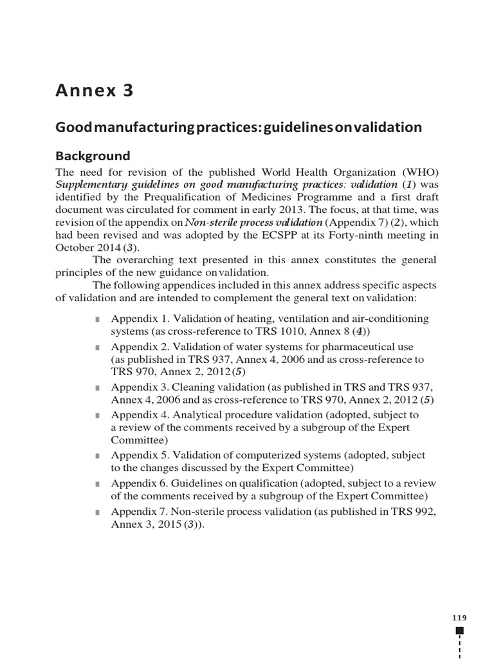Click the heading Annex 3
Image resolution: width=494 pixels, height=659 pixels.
coord(95,91)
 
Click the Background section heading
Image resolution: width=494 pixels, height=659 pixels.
coord(93,156)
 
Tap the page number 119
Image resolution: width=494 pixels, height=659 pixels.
coord(459,618)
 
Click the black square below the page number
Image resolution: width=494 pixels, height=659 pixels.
coord(459,631)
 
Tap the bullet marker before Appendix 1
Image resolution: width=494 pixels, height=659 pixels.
coord(97,320)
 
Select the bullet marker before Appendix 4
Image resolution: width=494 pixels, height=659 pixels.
coord(97,416)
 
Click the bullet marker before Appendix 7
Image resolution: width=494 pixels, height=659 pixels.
coord(97,512)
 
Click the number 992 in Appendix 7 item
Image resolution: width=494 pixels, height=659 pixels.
coord(417,512)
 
